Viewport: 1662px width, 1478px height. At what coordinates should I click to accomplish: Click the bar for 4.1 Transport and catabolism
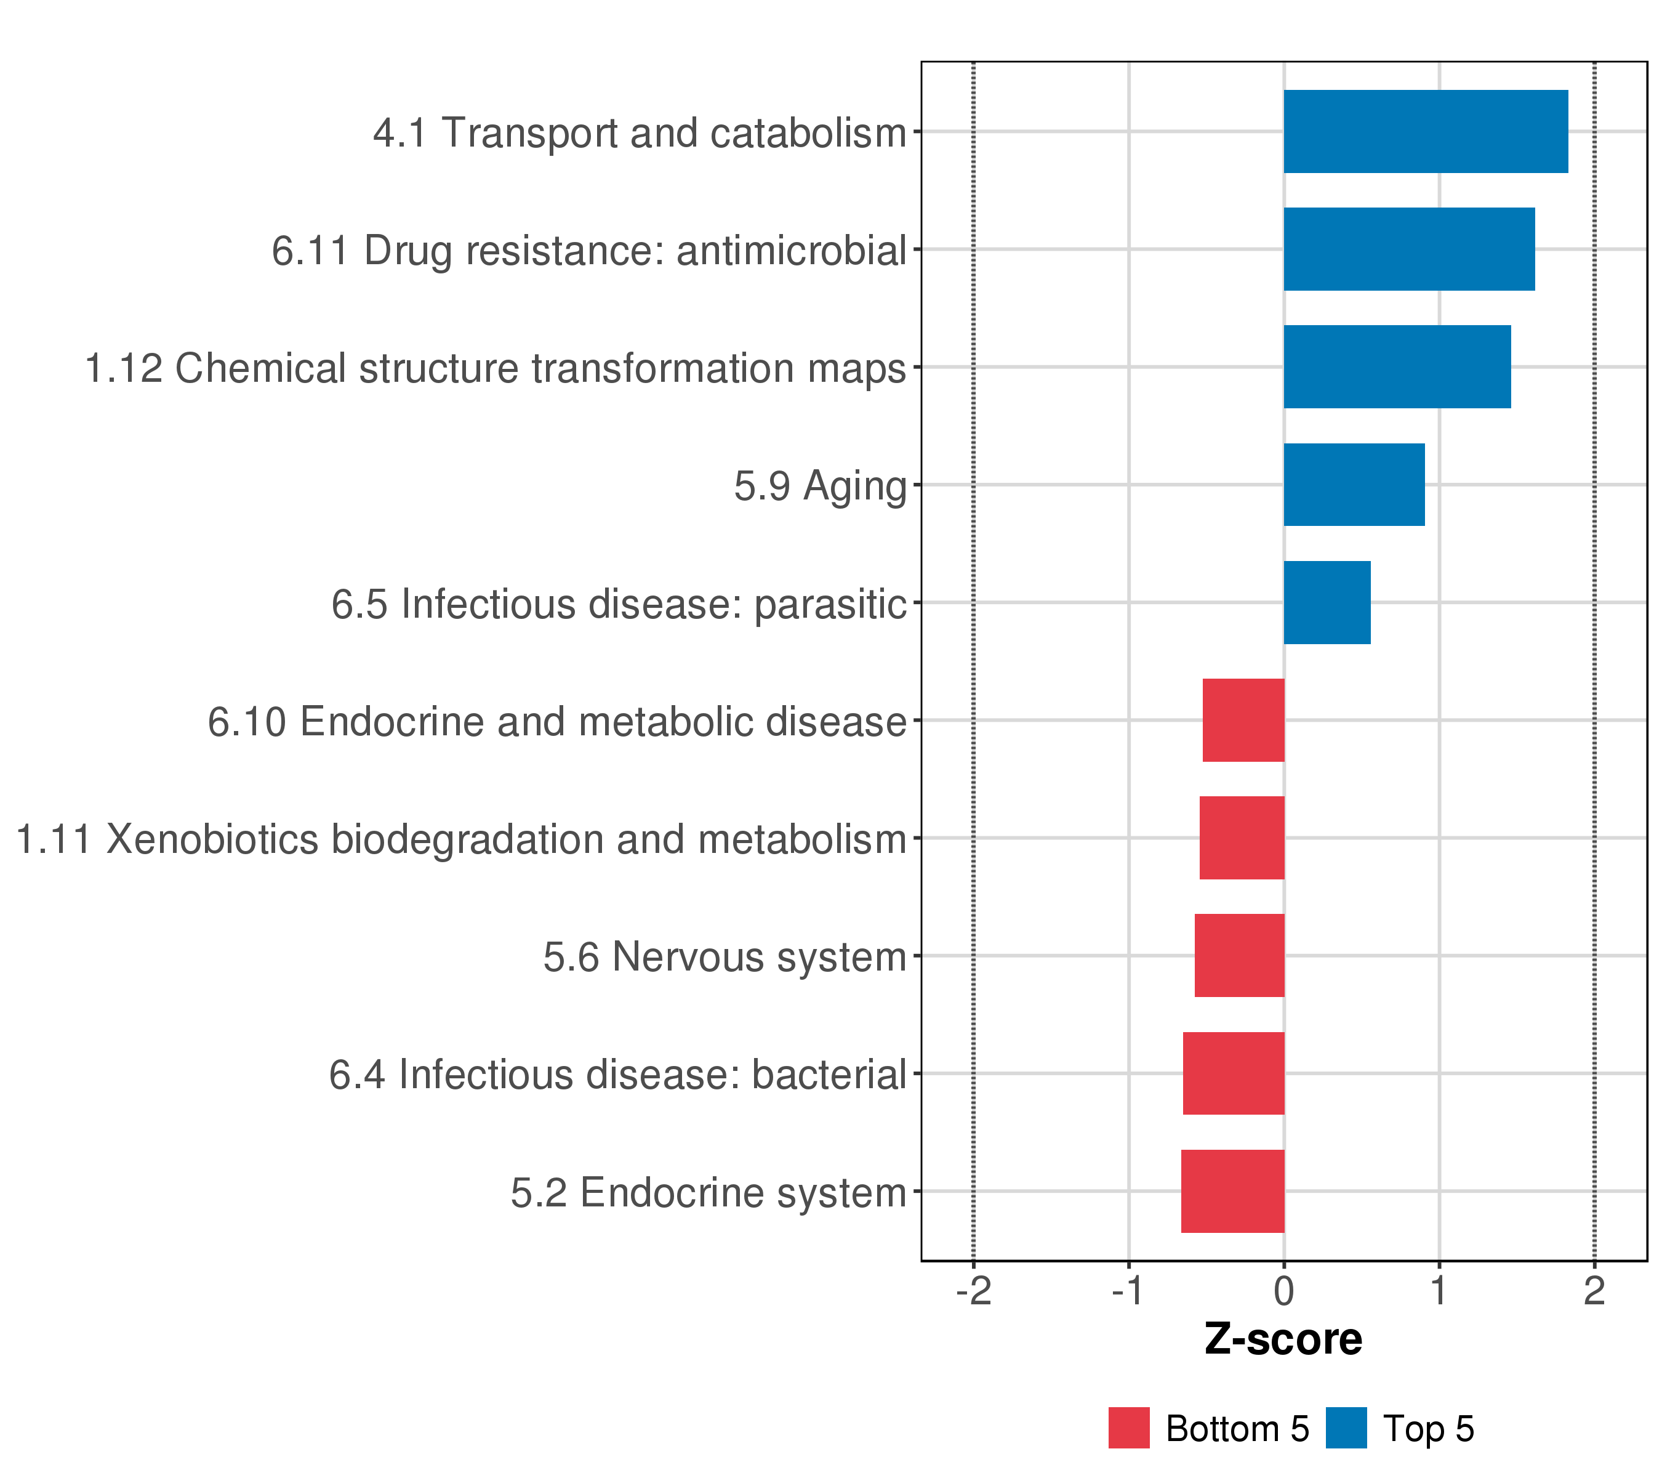coord(1426,132)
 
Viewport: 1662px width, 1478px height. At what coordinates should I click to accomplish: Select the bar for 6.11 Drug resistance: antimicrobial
coord(1409,249)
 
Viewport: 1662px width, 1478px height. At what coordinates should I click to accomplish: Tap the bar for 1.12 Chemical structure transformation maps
coord(1397,367)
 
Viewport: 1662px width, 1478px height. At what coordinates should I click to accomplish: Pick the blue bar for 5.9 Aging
coord(1354,485)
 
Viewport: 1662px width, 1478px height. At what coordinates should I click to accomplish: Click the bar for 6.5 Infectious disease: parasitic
coord(1327,603)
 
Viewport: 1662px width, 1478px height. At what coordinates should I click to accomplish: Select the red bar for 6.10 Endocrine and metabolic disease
coord(1243,721)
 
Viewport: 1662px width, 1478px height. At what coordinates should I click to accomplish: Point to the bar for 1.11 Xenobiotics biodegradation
coord(1242,838)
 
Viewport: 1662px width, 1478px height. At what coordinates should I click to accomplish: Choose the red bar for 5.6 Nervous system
coord(1239,956)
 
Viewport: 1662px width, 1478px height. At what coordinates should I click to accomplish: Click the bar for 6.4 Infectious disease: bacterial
coord(1234,1074)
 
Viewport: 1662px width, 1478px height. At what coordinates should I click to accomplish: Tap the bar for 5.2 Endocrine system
coord(1233,1192)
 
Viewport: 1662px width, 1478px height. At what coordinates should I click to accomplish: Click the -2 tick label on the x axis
coord(973,1291)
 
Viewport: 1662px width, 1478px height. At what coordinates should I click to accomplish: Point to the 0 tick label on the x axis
coord(1284,1291)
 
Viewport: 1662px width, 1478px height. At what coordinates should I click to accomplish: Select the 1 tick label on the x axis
coord(1439,1291)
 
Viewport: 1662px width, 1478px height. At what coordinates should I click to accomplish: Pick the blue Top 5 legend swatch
coord(1346,1428)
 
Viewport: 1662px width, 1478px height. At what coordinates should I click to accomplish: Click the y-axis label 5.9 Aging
coord(820,487)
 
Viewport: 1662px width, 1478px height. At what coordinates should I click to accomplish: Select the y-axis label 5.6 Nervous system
coord(725,958)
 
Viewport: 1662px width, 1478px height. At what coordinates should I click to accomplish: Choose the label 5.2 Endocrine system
coord(709,1193)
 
